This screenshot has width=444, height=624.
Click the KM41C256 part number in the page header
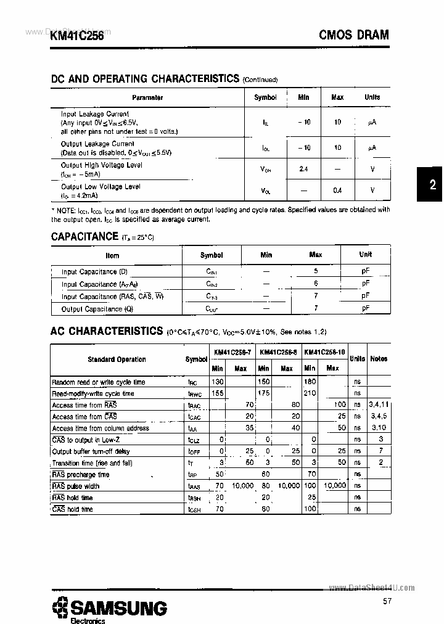tap(77, 36)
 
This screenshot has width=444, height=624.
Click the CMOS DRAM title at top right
tap(353, 35)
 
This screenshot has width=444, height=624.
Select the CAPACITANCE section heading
tap(84, 236)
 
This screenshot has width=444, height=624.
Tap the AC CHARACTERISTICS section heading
tap(106, 331)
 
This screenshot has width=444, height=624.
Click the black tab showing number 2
tap(432, 184)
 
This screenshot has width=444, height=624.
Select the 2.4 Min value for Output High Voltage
tap(303, 169)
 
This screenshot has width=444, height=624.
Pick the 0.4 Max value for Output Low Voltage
tap(337, 191)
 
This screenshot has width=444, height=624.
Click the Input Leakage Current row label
tap(94, 114)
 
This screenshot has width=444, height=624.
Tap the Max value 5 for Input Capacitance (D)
tap(316, 271)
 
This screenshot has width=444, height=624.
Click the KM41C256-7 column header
tap(232, 352)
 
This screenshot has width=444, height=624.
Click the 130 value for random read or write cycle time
tap(218, 382)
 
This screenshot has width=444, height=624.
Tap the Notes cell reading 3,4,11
tap(379, 404)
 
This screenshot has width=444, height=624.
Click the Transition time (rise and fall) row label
tap(91, 463)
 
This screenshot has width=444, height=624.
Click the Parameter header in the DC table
tap(147, 97)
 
